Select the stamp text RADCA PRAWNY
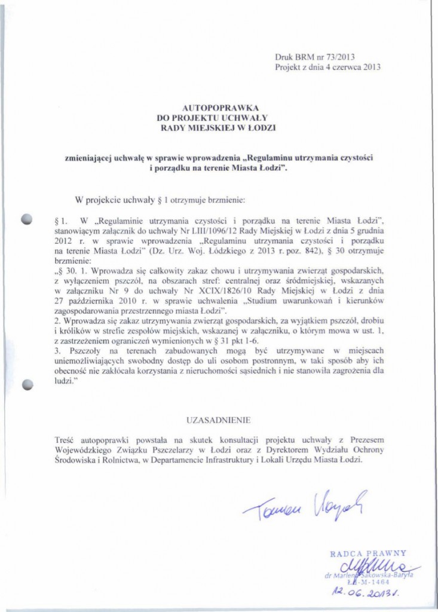pos(368,553)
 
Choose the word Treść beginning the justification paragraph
pos(64,440)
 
